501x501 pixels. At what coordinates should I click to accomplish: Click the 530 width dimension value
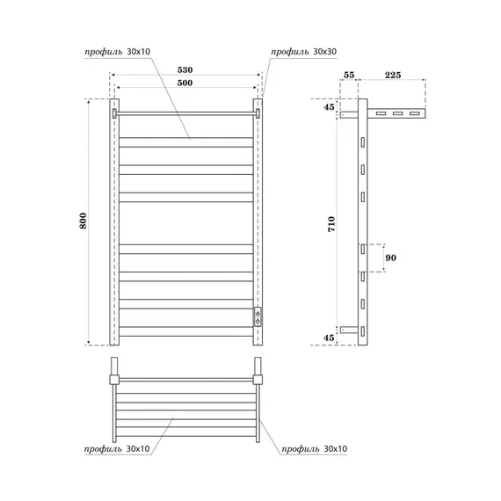(x=185, y=69)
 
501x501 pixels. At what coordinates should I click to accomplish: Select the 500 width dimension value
(x=185, y=83)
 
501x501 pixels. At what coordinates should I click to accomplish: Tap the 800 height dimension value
(x=83, y=222)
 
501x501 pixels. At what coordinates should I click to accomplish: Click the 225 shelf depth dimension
(x=392, y=76)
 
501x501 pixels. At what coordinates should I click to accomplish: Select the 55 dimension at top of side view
(x=350, y=76)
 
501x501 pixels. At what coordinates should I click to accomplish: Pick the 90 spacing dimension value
(x=392, y=259)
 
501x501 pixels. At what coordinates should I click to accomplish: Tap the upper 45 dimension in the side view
(x=329, y=108)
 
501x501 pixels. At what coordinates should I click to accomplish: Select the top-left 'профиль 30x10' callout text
(x=112, y=52)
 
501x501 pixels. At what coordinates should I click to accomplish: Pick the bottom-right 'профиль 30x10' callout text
(x=315, y=449)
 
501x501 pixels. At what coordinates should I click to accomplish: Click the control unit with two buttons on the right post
(x=258, y=317)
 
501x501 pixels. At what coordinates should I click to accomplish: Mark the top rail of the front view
(x=185, y=113)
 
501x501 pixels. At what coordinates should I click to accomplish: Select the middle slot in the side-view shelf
(x=397, y=114)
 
